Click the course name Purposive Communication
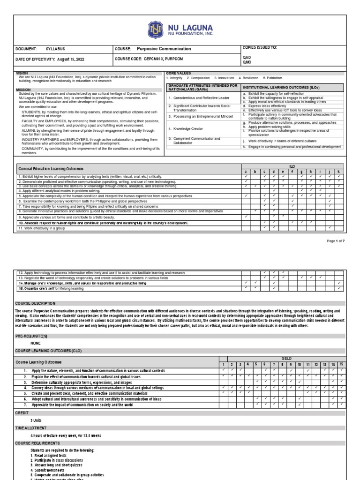pyautogui.click(x=164, y=49)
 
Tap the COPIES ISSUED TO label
pyautogui.click(x=259, y=48)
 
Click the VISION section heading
pyautogui.click(x=22, y=74)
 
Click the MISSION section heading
pyautogui.click(x=23, y=89)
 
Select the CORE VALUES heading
pyautogui.click(x=177, y=74)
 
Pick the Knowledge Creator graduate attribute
pyautogui.click(x=186, y=128)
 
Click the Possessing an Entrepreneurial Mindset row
pyautogui.click(x=201, y=116)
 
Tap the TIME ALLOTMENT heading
pyautogui.click(x=31, y=428)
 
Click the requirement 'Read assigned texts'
pyautogui.click(x=48, y=455)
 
